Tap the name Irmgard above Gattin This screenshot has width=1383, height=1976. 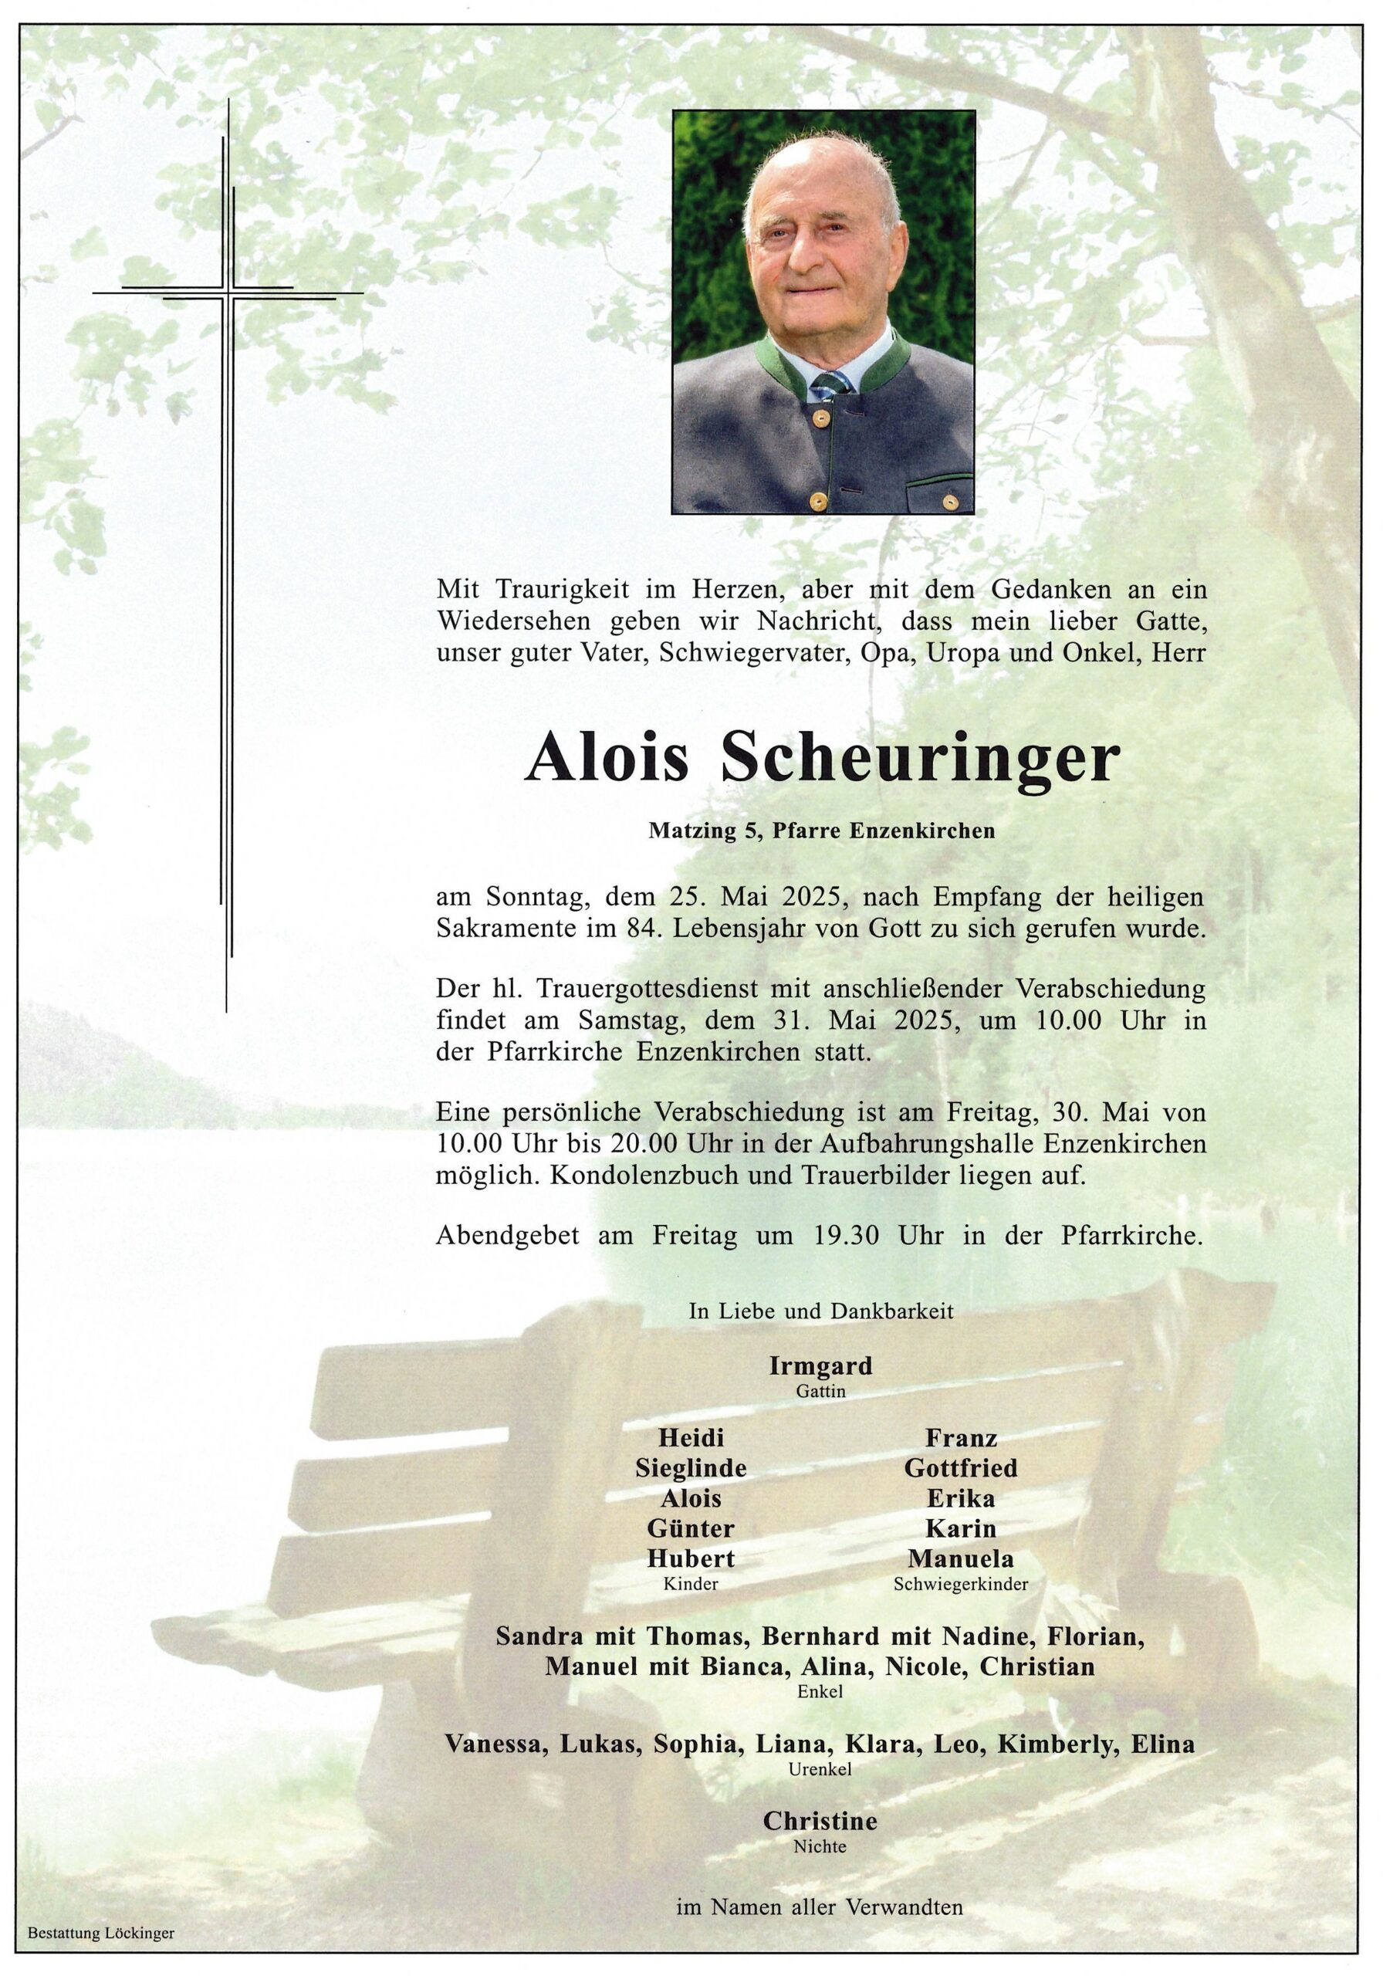[820, 1365]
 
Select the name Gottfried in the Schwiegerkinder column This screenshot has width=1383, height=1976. [959, 1467]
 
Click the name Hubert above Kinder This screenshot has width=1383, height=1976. [690, 1558]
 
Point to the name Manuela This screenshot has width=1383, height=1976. [959, 1558]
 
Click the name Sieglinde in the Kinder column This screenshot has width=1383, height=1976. [690, 1467]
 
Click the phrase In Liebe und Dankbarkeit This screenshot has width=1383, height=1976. [820, 1311]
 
